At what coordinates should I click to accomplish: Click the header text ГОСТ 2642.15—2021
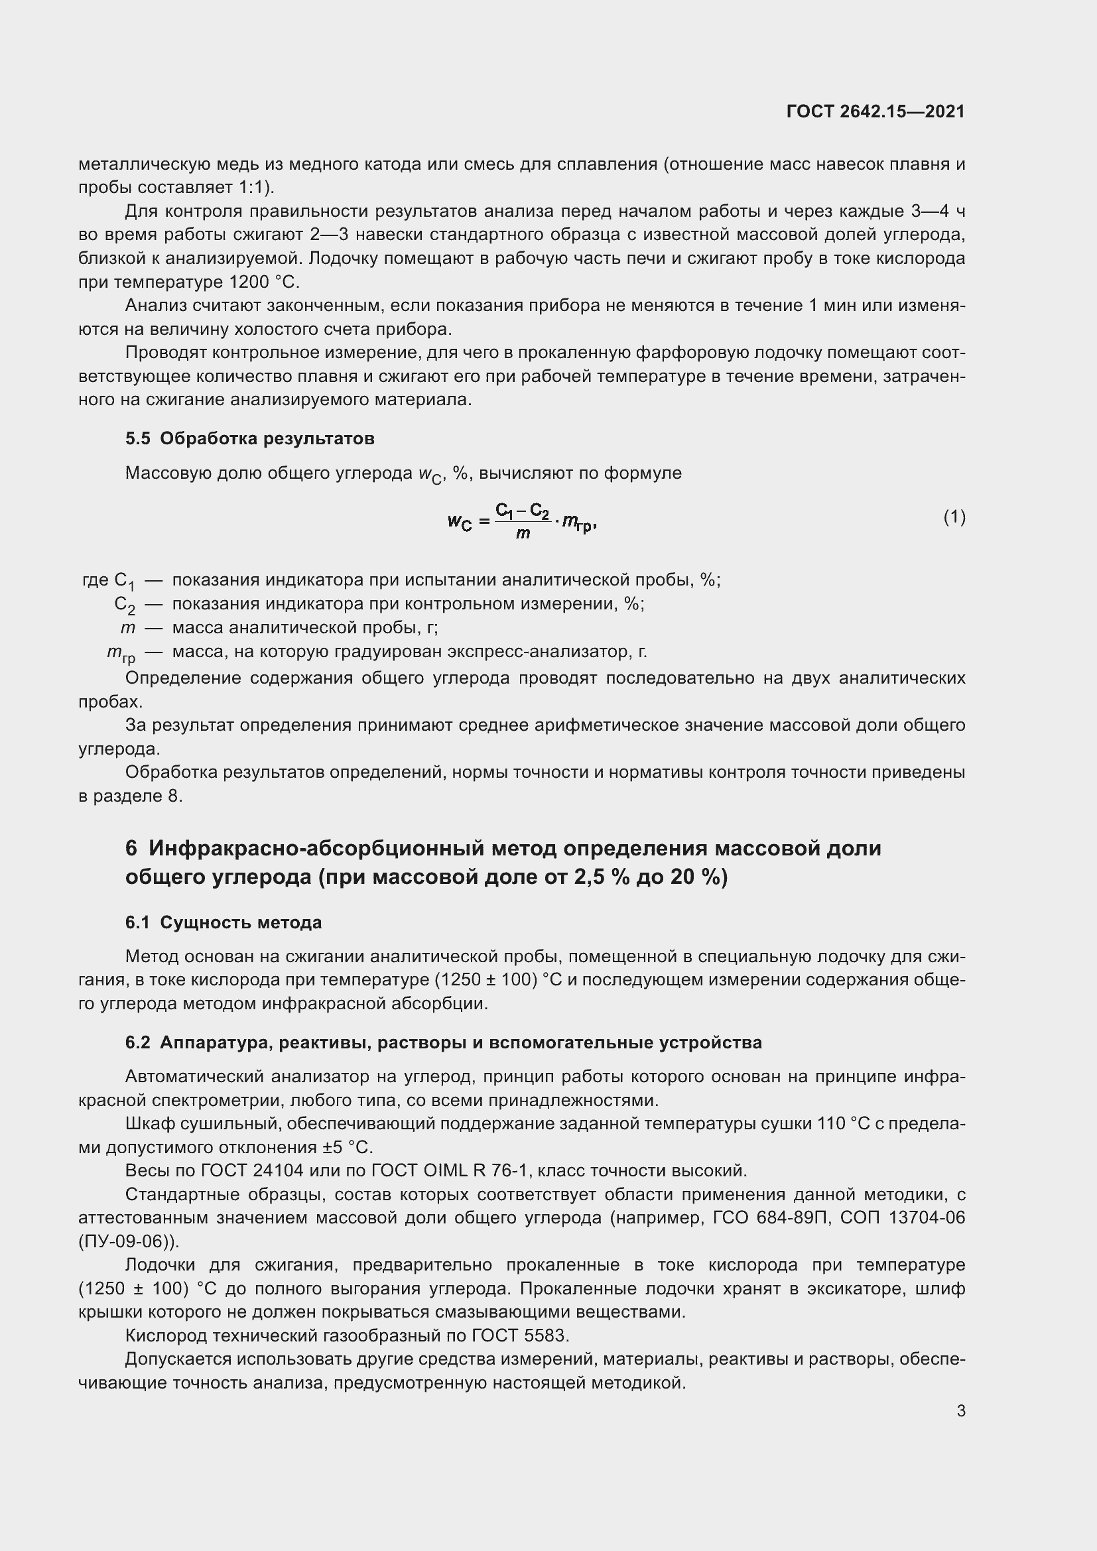tap(875, 111)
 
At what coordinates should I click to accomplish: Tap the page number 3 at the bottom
tap(960, 1411)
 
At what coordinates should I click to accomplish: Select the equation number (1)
tap(954, 517)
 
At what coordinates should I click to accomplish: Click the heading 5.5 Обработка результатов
tap(249, 439)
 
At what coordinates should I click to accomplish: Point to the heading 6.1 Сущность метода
tap(223, 923)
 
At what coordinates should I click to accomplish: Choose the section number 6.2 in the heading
tap(138, 1043)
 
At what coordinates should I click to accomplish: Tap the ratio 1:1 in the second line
tap(250, 188)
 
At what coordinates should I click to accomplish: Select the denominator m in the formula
tap(522, 533)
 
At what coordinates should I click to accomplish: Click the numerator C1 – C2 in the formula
tap(522, 511)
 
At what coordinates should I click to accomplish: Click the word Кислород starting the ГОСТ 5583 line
tap(166, 1335)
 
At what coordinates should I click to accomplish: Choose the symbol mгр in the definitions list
tap(121, 653)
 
